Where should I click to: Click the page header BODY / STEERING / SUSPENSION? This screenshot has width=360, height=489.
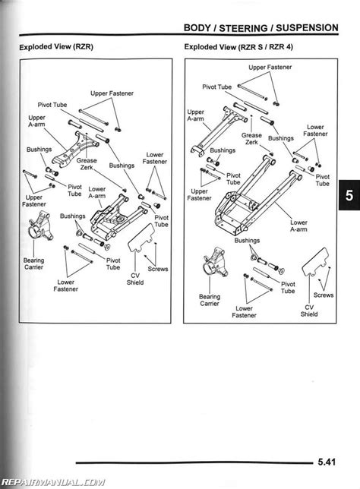(x=261, y=27)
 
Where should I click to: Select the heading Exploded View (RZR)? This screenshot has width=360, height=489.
(x=54, y=47)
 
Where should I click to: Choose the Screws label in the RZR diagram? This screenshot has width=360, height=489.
(x=159, y=268)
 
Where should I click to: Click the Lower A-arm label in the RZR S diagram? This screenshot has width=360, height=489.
(x=298, y=227)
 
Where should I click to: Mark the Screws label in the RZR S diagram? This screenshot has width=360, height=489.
(x=324, y=295)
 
